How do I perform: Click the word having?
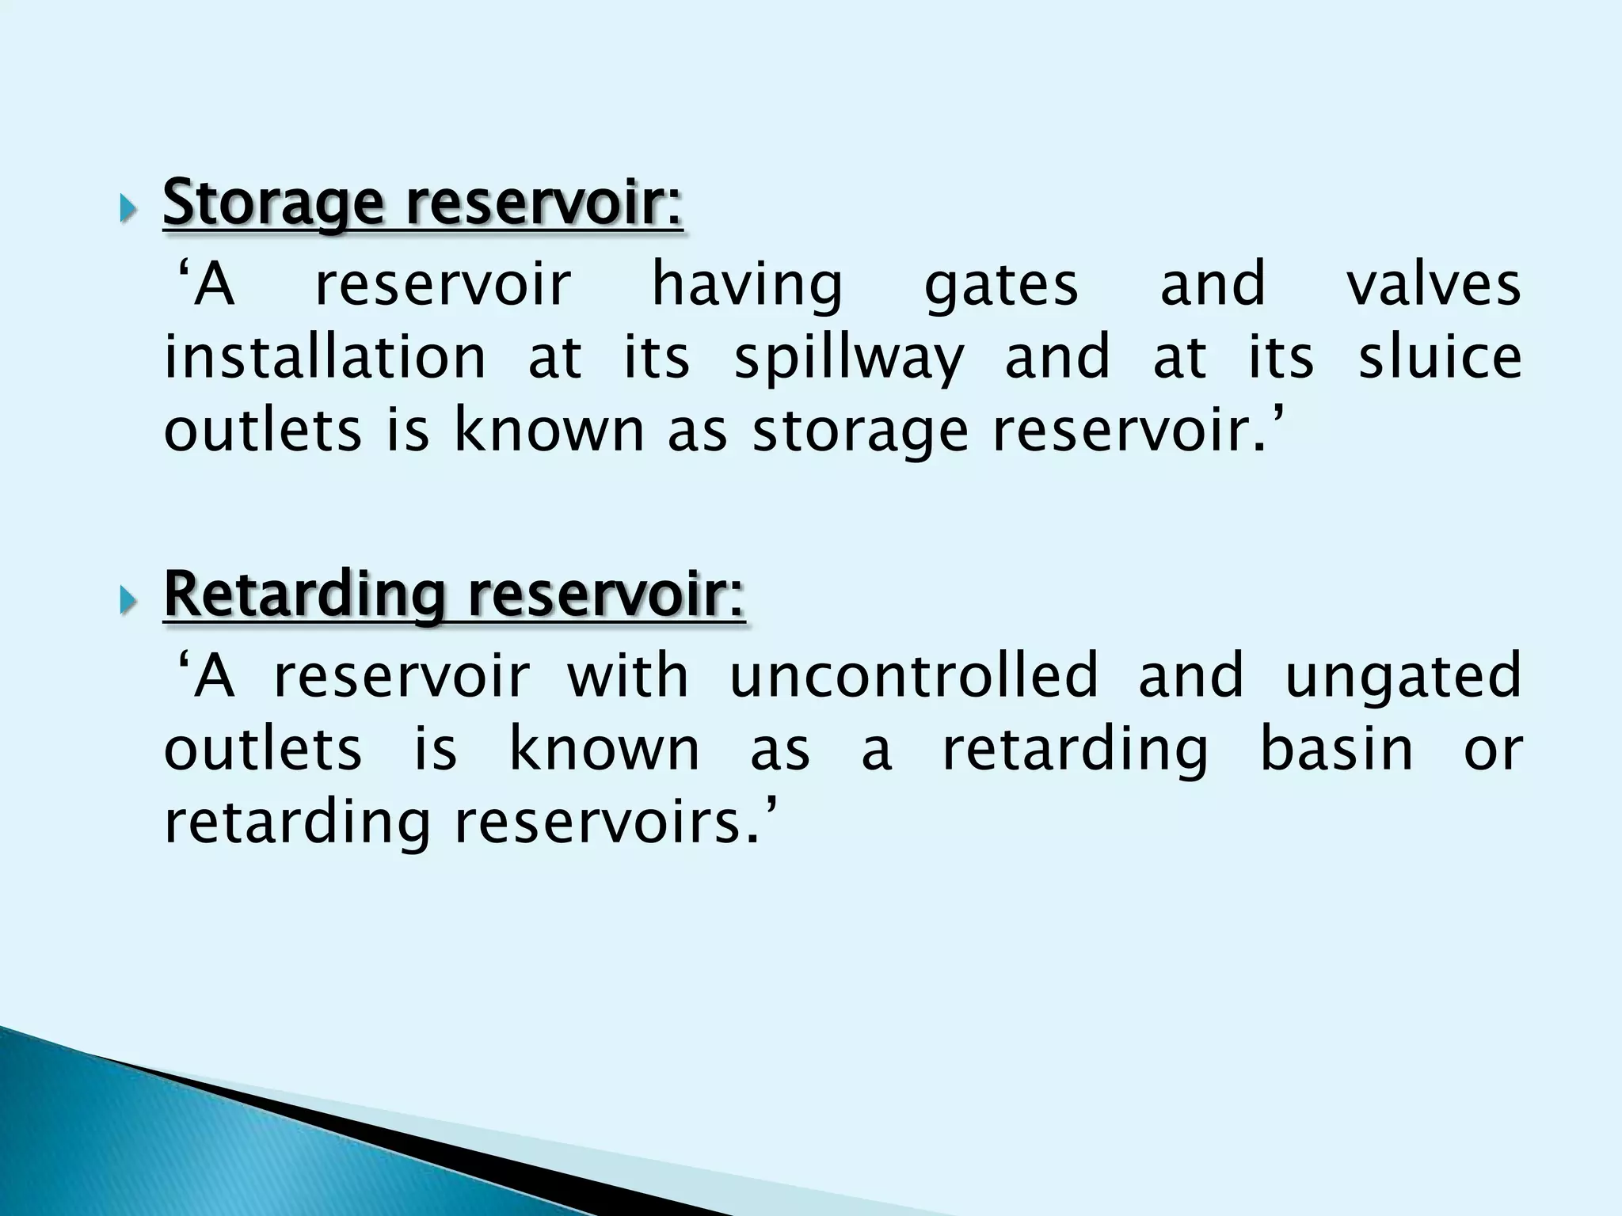tap(747, 287)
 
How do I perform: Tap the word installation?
tap(325, 358)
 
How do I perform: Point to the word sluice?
tap(1440, 358)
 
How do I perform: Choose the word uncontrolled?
tap(914, 677)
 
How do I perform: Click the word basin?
tap(1336, 749)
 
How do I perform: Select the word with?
tap(627, 675)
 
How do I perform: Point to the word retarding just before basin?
tap(1075, 750)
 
